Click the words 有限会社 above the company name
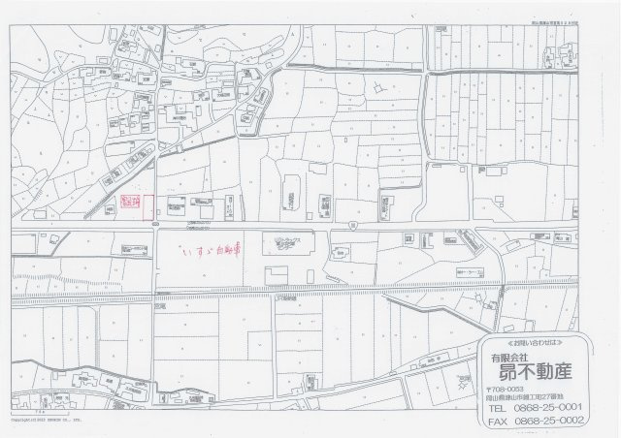pos(505,357)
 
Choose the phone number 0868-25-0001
pos(551,408)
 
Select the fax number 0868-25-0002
pos(551,422)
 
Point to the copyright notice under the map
pos(44,422)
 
